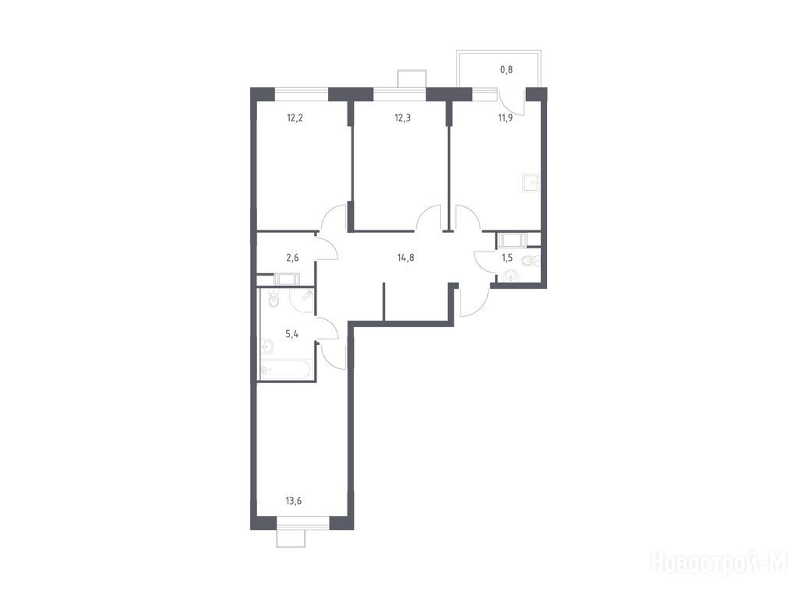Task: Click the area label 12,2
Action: [295, 118]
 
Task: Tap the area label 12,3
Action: [403, 118]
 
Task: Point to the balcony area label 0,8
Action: [507, 69]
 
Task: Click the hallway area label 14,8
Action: [405, 257]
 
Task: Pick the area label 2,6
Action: [292, 257]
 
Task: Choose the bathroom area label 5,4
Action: [291, 334]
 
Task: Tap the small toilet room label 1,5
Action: [507, 257]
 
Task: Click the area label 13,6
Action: [294, 501]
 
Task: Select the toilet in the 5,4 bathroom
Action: [274, 300]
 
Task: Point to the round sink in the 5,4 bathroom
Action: [267, 348]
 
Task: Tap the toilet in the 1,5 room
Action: [530, 261]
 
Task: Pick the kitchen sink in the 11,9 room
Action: [531, 183]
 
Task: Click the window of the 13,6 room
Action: [303, 522]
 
